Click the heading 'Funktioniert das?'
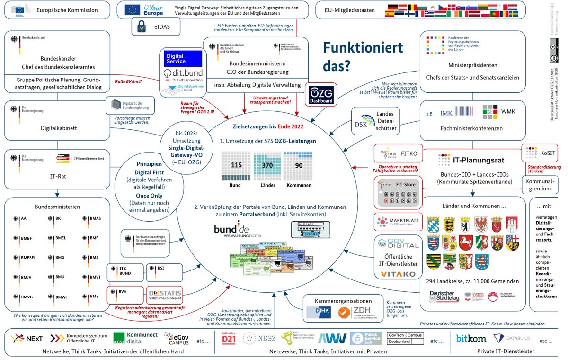[363, 56]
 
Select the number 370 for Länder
[266, 164]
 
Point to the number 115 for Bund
[236, 164]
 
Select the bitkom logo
[471, 339]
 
